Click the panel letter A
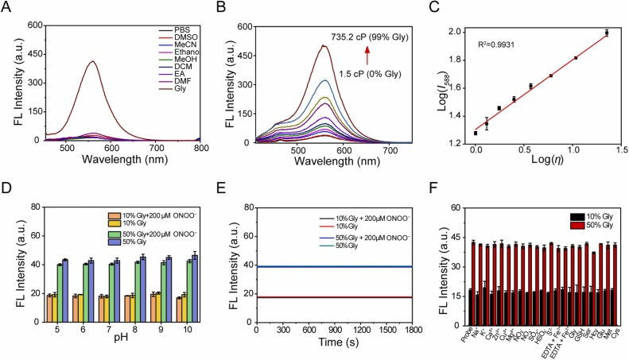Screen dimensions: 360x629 point(6,8)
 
